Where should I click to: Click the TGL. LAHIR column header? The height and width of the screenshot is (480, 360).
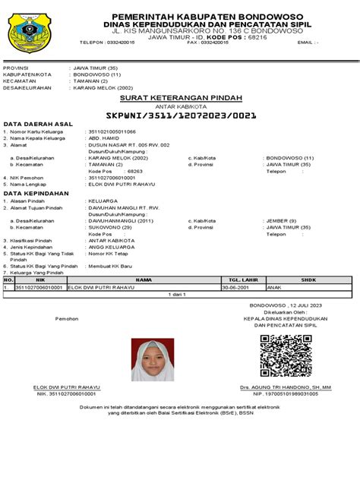236,279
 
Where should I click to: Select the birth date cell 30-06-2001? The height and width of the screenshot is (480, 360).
235,287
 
